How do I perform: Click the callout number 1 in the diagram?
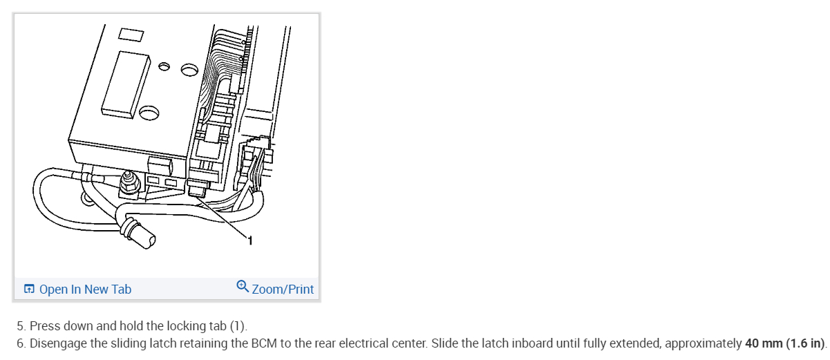(x=250, y=241)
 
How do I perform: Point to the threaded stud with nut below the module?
(x=127, y=183)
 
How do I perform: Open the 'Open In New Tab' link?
(x=85, y=289)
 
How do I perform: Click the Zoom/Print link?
(x=283, y=289)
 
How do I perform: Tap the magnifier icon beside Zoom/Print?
(x=243, y=287)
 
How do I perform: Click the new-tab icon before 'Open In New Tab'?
(x=30, y=289)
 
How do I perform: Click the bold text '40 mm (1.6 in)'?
(x=784, y=343)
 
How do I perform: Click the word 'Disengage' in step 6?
(x=59, y=343)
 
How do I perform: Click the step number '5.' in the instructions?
(x=21, y=326)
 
